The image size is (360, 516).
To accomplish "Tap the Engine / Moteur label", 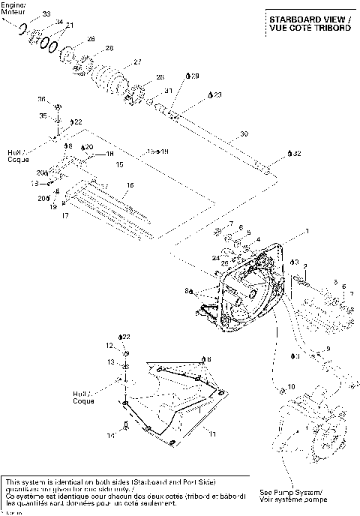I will (13, 8).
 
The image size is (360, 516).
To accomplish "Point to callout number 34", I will (59, 23).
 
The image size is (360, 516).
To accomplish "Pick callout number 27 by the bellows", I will (137, 61).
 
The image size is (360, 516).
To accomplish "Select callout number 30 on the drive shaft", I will (243, 134).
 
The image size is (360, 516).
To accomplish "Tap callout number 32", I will (297, 153).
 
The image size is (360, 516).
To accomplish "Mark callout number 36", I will (42, 98).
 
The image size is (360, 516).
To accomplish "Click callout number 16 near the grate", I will (130, 185).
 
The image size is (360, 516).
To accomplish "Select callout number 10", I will (292, 386).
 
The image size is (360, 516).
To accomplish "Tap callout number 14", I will (110, 434).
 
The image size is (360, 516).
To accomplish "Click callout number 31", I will (169, 91).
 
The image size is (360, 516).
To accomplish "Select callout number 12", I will (108, 345).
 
